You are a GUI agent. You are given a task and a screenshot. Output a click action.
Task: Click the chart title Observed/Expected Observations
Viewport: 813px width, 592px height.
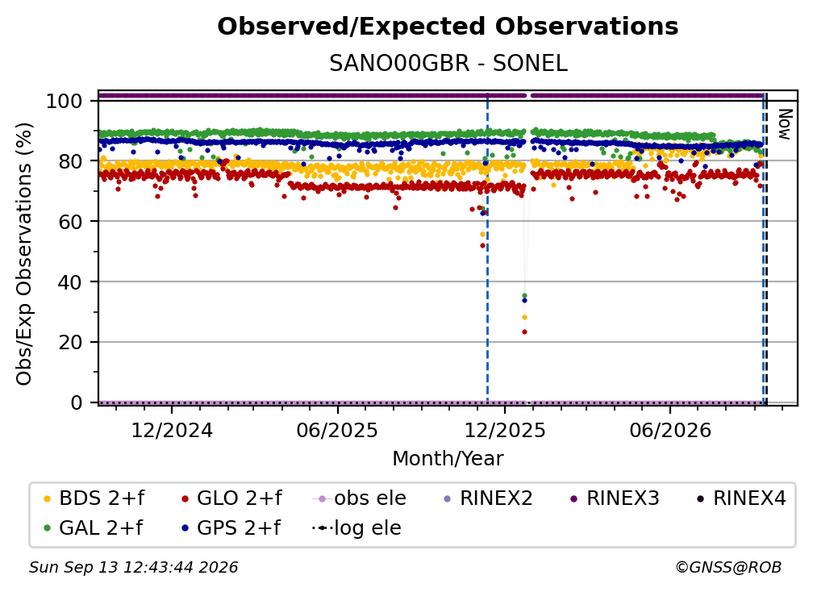click(448, 27)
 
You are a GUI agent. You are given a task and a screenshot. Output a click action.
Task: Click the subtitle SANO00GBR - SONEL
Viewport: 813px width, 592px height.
click(448, 64)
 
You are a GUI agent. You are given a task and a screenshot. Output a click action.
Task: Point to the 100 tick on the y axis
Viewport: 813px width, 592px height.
click(64, 101)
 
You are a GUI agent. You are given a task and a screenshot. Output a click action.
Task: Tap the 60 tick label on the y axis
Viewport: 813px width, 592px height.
click(70, 222)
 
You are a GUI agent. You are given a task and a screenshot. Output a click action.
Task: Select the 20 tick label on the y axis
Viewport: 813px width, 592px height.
click(70, 343)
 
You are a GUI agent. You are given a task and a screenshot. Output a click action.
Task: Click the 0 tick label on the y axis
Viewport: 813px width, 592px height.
click(76, 402)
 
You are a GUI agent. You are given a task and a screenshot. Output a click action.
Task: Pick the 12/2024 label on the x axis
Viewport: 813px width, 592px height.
click(172, 430)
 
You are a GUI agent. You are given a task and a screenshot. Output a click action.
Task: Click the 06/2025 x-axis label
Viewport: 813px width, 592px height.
click(337, 430)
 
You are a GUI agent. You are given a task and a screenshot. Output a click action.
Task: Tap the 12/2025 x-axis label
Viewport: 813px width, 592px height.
click(505, 430)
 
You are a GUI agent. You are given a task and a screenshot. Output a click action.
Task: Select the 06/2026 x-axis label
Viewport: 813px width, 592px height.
click(670, 430)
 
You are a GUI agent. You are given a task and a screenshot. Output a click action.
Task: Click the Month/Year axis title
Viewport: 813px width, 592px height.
click(448, 458)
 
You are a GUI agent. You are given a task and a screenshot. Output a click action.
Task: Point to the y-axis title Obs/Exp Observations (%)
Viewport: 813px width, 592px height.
click(24, 254)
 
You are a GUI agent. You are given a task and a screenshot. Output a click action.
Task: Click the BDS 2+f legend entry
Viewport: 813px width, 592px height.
click(94, 498)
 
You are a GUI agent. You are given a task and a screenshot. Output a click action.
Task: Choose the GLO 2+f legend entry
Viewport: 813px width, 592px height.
click(231, 498)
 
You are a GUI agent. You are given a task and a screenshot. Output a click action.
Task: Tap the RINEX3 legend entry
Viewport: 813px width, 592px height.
click(615, 498)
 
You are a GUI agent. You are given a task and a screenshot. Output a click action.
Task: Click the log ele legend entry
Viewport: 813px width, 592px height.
click(356, 527)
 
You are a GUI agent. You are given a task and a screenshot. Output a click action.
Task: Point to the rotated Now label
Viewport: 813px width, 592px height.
click(785, 124)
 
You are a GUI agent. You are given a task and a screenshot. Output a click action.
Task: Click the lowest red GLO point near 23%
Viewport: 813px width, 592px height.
click(524, 331)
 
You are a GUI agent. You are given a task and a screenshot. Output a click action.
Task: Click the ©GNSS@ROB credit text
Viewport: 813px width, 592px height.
click(728, 567)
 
